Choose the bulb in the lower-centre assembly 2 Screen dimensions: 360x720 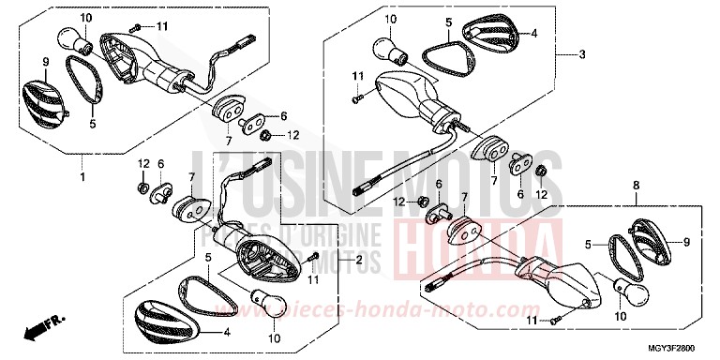265,299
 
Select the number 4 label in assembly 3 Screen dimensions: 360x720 533,33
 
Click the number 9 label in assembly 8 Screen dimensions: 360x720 685,242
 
